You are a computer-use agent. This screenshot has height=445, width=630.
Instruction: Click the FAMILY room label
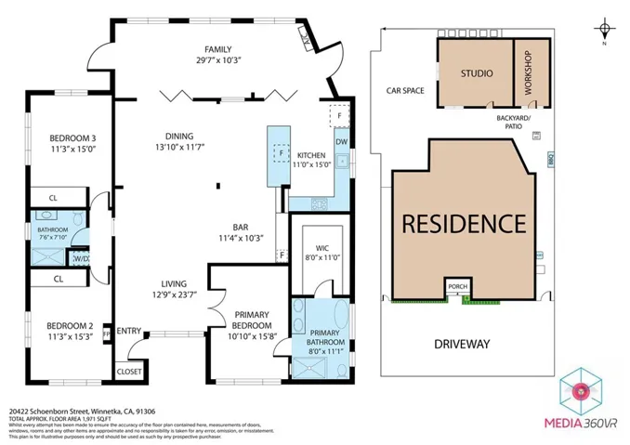tap(218, 50)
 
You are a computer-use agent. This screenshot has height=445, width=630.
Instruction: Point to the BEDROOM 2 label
tap(72, 325)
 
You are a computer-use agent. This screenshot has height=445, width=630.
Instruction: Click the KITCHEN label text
tap(310, 154)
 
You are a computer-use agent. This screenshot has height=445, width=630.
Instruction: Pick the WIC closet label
tap(322, 248)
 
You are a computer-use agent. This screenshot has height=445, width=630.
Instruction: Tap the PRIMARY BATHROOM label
tap(324, 338)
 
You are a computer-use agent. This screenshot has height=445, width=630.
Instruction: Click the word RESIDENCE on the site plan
tap(464, 224)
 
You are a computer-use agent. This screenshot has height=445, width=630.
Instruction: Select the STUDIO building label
tap(476, 73)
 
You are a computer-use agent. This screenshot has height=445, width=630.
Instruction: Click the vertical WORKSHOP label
tap(529, 74)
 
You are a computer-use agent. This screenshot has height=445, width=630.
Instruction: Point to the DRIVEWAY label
tap(461, 344)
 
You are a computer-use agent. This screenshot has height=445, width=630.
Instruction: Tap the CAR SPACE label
tap(405, 91)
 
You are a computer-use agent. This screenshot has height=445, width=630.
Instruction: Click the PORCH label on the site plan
tap(457, 287)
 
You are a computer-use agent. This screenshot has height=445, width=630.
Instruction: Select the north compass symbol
tap(605, 26)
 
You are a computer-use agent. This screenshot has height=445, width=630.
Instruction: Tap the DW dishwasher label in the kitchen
tap(341, 142)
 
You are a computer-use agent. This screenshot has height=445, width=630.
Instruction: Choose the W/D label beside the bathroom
tap(82, 259)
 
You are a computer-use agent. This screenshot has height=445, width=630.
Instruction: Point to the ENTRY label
tap(129, 330)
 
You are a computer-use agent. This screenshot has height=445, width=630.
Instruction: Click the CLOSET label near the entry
tap(129, 371)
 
